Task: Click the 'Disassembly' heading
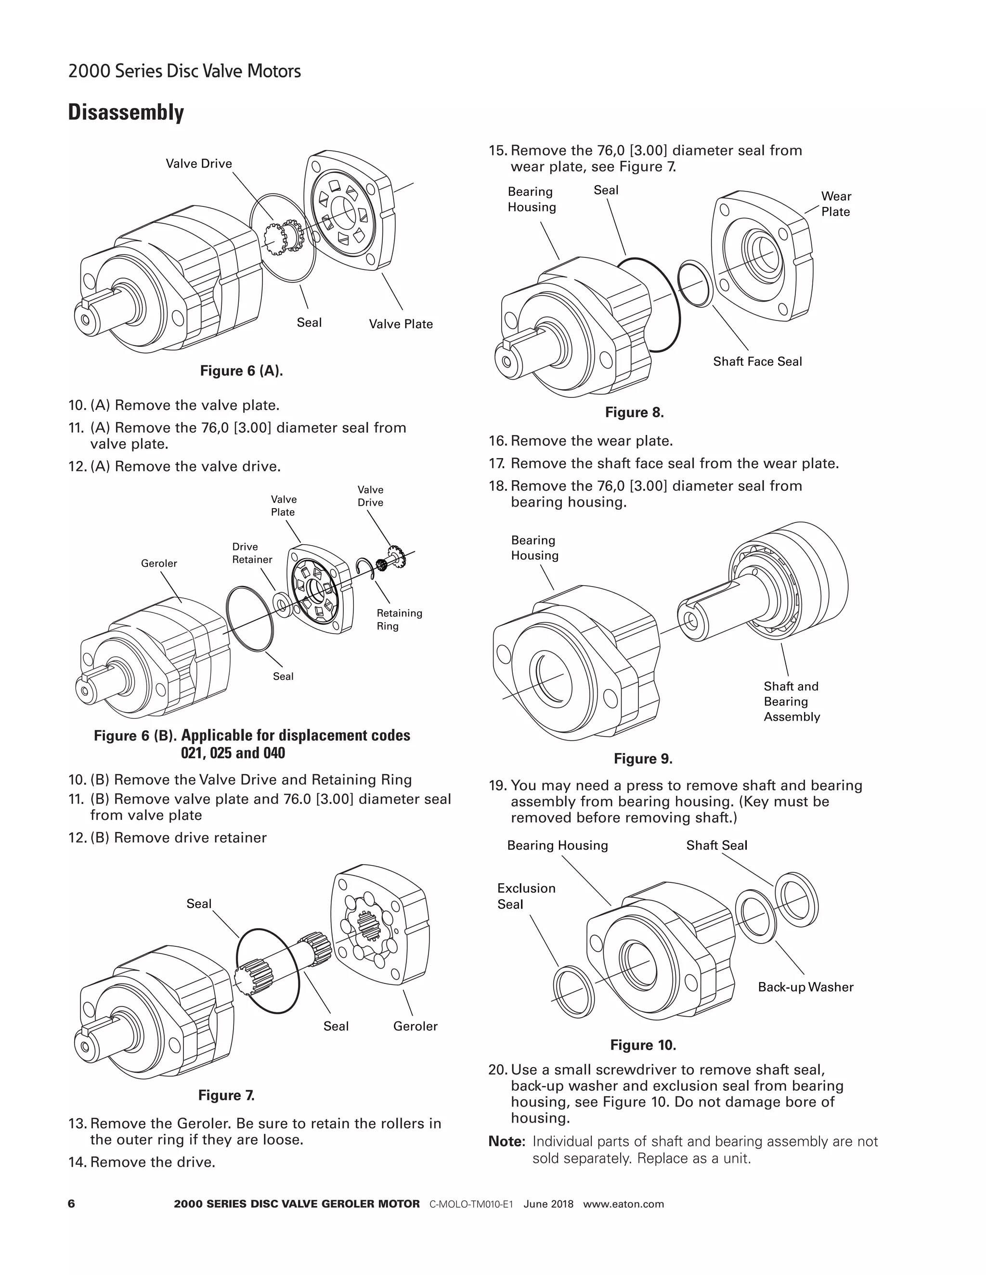point(126,112)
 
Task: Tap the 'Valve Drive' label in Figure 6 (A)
point(199,164)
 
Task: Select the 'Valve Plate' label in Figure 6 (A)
point(401,324)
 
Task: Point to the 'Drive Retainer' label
point(252,553)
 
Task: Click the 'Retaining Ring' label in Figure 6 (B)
point(399,619)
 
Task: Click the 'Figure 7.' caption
point(226,1095)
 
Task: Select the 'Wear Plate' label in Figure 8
point(836,204)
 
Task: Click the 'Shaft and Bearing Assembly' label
point(791,701)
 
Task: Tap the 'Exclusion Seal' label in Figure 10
point(526,896)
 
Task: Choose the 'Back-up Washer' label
point(805,987)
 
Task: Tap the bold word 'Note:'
point(506,1141)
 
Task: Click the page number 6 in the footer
point(72,1203)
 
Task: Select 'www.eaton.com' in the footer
point(623,1204)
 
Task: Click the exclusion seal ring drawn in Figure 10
point(573,992)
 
